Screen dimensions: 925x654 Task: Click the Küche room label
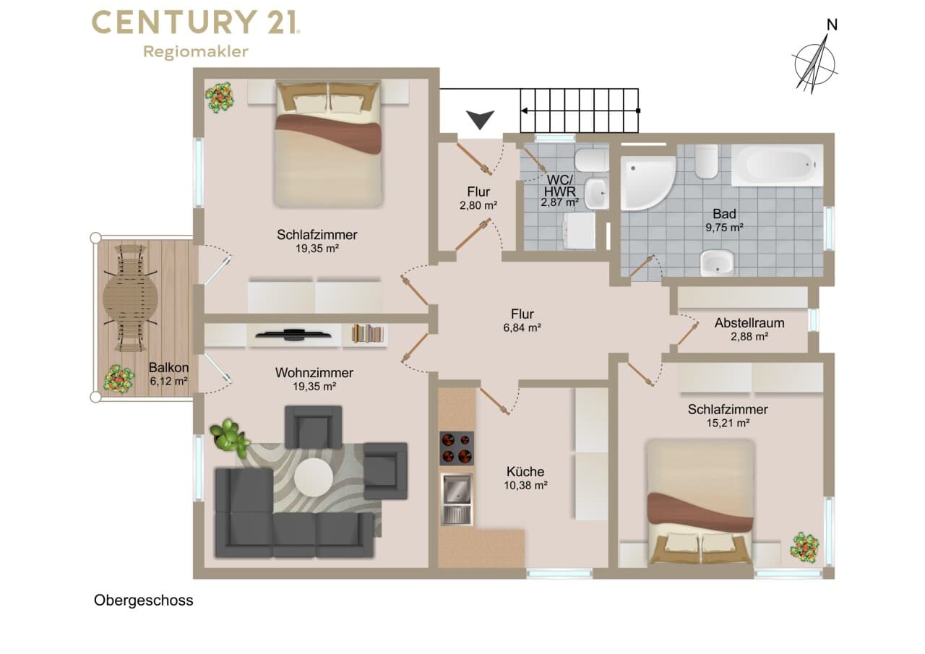pyautogui.click(x=525, y=471)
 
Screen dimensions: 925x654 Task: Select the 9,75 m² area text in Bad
pyautogui.click(x=724, y=228)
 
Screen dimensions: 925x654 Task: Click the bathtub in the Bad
pyautogui.click(x=777, y=165)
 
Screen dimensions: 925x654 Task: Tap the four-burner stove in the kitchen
pyautogui.click(x=456, y=448)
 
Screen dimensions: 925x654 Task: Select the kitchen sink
pyautogui.click(x=457, y=499)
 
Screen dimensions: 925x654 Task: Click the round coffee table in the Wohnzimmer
pyautogui.click(x=314, y=478)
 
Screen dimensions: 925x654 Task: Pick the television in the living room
pyautogui.click(x=293, y=334)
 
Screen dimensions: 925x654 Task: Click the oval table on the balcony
pyautogui.click(x=131, y=297)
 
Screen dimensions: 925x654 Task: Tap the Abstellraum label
pyautogui.click(x=749, y=323)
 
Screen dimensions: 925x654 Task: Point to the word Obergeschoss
pyautogui.click(x=143, y=601)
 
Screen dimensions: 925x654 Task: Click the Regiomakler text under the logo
pyautogui.click(x=196, y=52)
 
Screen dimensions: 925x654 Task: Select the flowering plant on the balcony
pyautogui.click(x=119, y=378)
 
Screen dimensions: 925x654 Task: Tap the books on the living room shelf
pyautogui.click(x=367, y=334)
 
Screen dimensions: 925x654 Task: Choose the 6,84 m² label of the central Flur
pyautogui.click(x=522, y=328)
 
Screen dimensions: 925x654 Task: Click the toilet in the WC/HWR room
pyautogui.click(x=591, y=160)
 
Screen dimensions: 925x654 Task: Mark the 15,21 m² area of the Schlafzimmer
pyautogui.click(x=728, y=423)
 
